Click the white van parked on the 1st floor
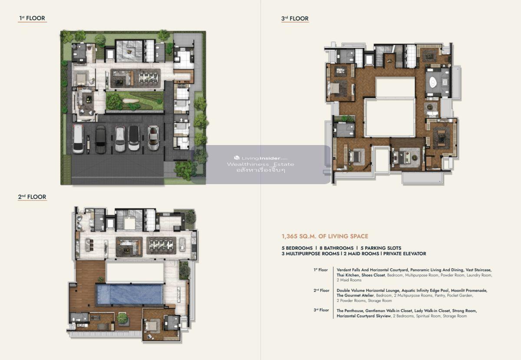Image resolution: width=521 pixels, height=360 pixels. (78, 139)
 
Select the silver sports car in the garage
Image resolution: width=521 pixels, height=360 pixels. (153, 138)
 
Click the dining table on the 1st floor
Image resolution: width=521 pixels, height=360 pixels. (148, 77)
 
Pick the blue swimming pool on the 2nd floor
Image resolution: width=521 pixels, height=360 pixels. (129, 294)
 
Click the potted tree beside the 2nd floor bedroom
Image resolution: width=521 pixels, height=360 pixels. (122, 319)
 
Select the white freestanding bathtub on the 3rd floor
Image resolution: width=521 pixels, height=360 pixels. (433, 82)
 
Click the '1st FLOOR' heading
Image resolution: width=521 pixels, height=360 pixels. (32, 18)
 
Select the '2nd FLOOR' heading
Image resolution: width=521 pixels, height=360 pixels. (32, 197)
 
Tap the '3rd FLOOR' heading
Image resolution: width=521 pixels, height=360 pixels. (295, 19)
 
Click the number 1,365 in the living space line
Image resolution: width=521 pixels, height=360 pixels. (290, 236)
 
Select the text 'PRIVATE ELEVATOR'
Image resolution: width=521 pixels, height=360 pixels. (405, 254)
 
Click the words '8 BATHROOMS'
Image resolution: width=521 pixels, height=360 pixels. (336, 248)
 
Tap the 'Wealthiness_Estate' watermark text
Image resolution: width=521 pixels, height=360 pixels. (260, 164)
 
